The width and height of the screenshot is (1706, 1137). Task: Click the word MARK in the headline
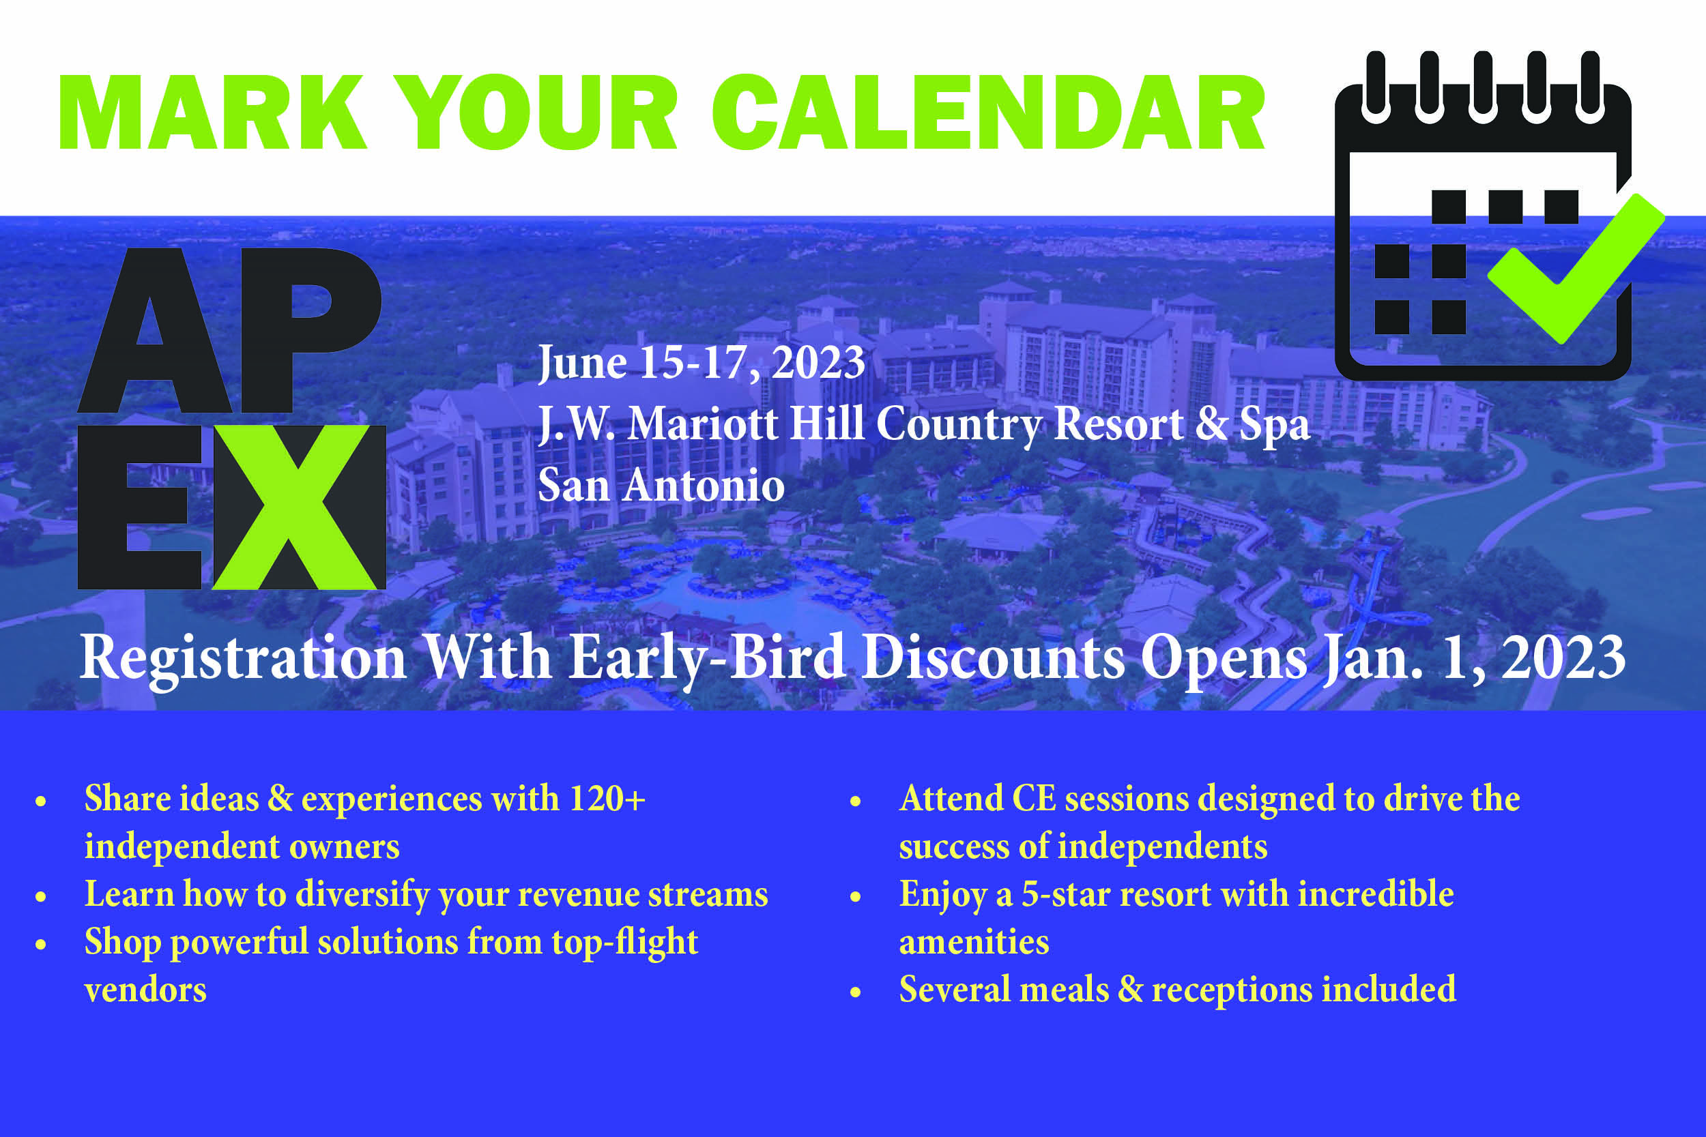(x=212, y=112)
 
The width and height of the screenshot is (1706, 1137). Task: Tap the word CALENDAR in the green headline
(x=989, y=112)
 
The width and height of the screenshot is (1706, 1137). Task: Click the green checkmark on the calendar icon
(x=1576, y=268)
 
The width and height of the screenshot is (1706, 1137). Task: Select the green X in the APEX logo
(x=295, y=507)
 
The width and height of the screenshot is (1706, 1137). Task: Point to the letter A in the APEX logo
(x=154, y=331)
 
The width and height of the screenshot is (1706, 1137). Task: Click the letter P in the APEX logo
(x=310, y=331)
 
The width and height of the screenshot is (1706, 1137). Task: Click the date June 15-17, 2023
(x=702, y=363)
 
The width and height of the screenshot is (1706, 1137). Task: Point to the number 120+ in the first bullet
(x=607, y=799)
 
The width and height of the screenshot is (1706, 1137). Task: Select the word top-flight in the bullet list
(x=624, y=942)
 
